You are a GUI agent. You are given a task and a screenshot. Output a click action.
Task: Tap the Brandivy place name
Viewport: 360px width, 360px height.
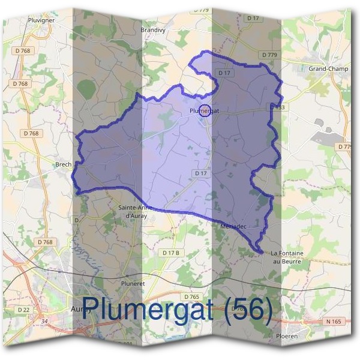click(153, 29)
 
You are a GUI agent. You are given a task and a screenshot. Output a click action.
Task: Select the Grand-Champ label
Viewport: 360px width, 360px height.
click(328, 69)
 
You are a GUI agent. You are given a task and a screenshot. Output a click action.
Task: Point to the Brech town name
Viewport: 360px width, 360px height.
click(63, 164)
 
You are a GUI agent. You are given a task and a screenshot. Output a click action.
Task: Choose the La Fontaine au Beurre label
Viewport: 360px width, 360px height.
click(287, 257)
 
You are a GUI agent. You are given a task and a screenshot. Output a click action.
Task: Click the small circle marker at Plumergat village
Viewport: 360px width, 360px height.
click(205, 110)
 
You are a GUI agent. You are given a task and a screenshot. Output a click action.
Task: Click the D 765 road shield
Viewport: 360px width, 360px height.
click(191, 297)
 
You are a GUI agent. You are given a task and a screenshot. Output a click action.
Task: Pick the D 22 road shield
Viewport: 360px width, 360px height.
click(23, 310)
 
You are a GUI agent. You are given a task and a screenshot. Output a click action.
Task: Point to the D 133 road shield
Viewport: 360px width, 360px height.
click(277, 107)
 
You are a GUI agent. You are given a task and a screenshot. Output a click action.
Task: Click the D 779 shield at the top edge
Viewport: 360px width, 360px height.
click(202, 10)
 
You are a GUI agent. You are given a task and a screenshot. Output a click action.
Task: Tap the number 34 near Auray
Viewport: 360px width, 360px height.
click(44, 322)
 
